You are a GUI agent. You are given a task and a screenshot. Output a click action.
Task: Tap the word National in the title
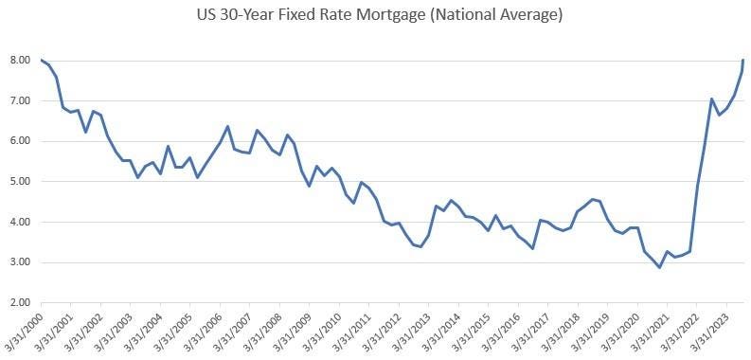coord(454,16)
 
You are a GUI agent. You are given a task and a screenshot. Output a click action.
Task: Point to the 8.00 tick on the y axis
coord(20,60)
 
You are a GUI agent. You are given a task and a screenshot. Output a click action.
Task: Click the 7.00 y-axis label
coord(20,100)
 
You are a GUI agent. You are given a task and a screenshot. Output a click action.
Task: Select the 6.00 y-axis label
coord(20,141)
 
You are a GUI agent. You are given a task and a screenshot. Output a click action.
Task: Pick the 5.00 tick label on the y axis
coord(20,182)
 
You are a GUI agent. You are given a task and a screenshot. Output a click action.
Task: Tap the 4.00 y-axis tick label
coord(20,223)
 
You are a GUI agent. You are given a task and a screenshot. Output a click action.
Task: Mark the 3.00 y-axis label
coord(20,262)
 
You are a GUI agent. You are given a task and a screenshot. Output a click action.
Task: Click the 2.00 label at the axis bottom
coord(20,303)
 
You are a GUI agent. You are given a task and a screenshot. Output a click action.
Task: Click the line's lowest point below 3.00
coord(660,267)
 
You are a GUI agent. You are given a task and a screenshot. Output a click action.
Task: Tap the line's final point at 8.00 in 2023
coord(743,60)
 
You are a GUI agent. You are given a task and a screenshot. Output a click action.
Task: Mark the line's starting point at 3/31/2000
coord(41,60)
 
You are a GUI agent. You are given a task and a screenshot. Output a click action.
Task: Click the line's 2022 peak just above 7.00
coord(711,99)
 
